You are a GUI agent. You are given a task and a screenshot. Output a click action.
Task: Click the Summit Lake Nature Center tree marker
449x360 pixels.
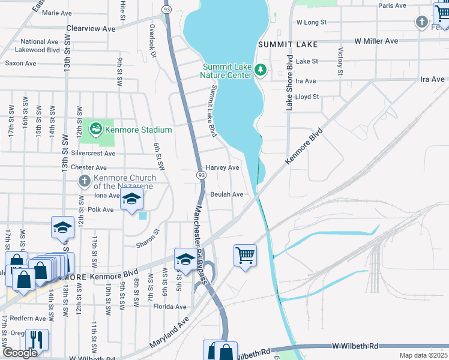click(261, 70)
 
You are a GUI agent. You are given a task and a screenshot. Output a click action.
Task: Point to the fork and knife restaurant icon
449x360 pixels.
click(37, 340)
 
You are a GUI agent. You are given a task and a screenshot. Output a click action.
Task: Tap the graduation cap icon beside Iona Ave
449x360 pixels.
click(131, 200)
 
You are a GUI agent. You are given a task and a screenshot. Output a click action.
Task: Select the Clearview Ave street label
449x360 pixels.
click(91, 28)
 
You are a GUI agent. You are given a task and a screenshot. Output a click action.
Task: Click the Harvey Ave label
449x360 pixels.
click(223, 168)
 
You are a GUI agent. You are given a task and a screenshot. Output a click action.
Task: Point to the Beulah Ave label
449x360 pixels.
click(226, 194)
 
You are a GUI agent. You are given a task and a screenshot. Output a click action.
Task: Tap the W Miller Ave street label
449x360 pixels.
click(376, 41)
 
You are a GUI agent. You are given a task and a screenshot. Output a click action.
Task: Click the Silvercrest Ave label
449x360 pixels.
click(93, 154)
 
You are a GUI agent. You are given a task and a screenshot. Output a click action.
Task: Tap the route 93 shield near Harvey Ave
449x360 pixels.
click(201, 174)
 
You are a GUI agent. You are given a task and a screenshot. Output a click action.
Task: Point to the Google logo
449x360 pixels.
click(20, 353)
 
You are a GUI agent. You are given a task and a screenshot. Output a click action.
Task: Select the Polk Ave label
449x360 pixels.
click(100, 210)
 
